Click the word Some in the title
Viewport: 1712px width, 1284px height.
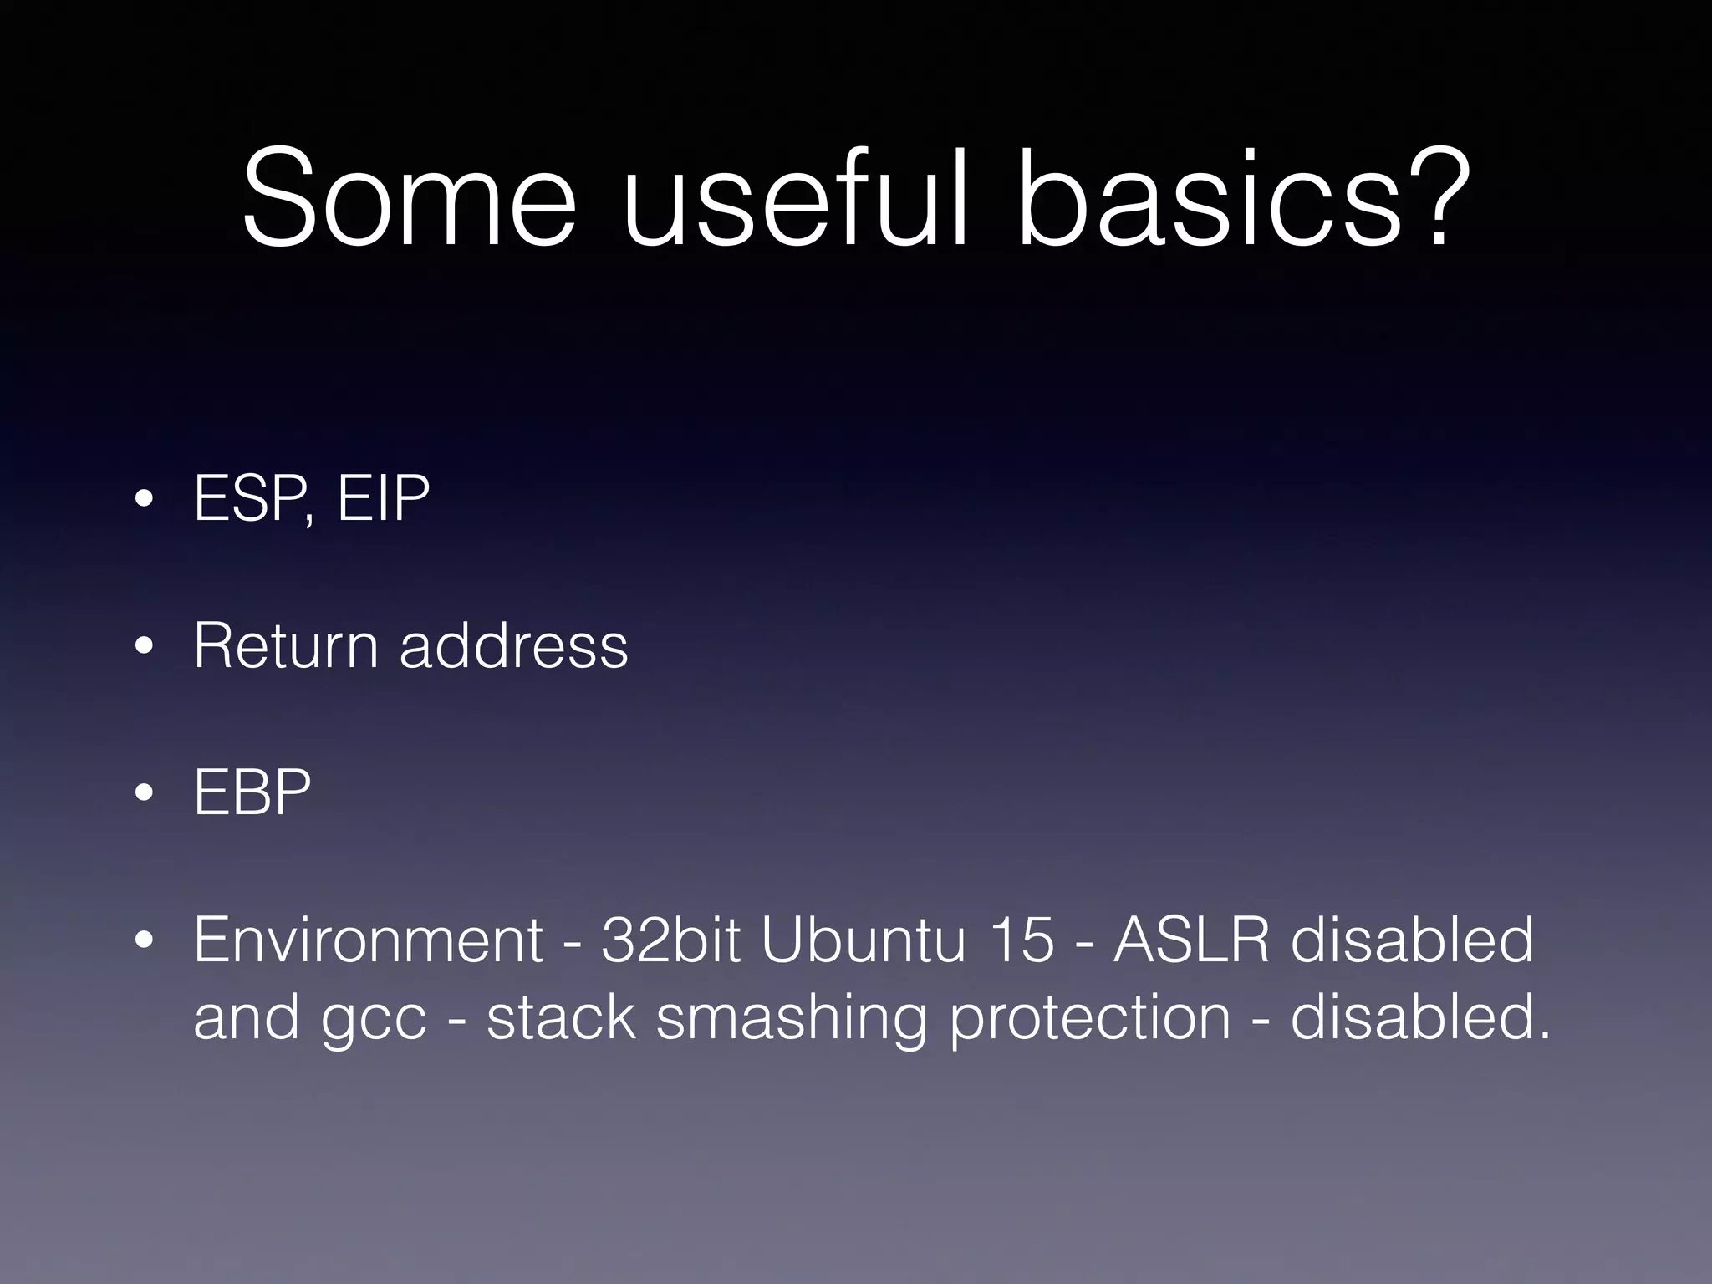tap(409, 199)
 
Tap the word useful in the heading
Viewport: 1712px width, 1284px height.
tap(794, 199)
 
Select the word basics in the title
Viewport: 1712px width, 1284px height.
tap(1207, 199)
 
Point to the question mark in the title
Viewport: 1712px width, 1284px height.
tap(1438, 199)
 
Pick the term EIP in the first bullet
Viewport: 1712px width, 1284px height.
tap(383, 499)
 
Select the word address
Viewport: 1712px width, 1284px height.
tap(513, 645)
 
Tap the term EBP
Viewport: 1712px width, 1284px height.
tap(252, 792)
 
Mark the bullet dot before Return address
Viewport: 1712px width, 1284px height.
tap(144, 647)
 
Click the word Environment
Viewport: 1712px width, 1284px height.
tap(369, 940)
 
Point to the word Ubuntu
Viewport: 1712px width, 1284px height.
tap(864, 940)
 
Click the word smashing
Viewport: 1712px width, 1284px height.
tap(791, 1018)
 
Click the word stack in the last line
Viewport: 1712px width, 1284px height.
tap(561, 1018)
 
